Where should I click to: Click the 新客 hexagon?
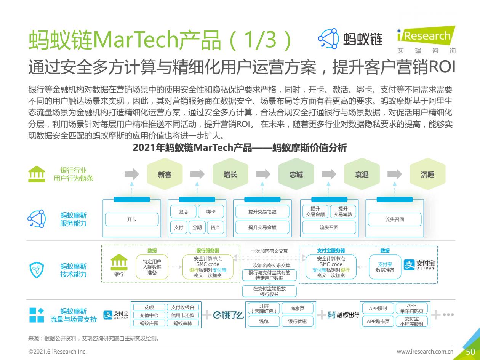coord(165,174)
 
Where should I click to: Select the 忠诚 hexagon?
coord(296,174)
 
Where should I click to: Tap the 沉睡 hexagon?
coord(427,174)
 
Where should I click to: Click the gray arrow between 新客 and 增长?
coord(197,174)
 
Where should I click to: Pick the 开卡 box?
coord(132,219)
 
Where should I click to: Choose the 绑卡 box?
coord(211,211)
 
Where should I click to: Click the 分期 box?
coord(197,227)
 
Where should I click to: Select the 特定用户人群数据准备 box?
coord(152,267)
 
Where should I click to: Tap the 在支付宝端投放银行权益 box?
coord(269,291)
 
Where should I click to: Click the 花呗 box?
coord(149,307)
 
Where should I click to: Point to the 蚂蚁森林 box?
coord(183,323)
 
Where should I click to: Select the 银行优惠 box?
coord(298,321)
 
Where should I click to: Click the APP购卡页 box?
coord(378,321)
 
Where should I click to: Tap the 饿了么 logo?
coord(228,315)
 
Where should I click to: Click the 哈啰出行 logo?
coord(344,315)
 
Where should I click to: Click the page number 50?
coord(470,352)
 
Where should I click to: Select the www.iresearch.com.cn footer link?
coord(425,352)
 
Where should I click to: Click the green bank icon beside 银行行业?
coord(37,174)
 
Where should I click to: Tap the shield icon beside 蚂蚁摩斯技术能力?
coord(37,270)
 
